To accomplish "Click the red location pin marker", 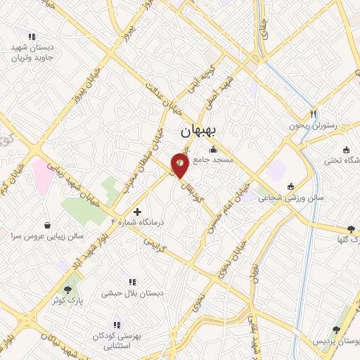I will coord(181,165).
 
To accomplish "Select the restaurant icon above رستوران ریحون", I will coord(314,114).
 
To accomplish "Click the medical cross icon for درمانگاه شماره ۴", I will coord(137,211).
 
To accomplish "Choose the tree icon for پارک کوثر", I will coord(68,289).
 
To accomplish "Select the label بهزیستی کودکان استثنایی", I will coord(117,341).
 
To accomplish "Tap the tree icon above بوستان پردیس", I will coord(337,329).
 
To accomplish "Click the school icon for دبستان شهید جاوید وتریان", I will coord(31,37).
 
